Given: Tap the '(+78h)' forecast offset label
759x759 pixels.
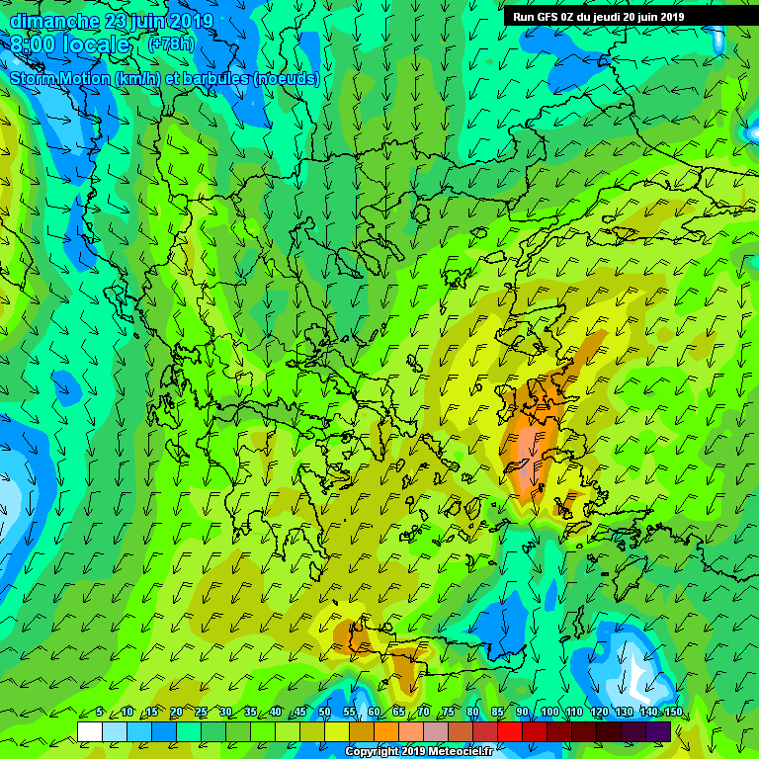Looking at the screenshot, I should tap(170, 44).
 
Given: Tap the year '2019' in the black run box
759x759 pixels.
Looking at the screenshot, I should tap(669, 17).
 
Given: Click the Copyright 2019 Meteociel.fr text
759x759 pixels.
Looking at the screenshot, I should tap(417, 751).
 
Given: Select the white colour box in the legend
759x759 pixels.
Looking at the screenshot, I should tap(89, 731).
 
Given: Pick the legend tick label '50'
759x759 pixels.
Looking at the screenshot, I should tap(324, 713).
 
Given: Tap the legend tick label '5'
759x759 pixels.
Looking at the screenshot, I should tap(101, 713).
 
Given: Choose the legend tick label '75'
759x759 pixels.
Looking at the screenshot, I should tap(448, 713).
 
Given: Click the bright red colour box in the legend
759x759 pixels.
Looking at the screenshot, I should tap(509, 731).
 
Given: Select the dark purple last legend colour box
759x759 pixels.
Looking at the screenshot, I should tap(658, 731).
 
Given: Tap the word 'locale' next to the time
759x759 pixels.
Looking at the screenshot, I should tap(96, 45).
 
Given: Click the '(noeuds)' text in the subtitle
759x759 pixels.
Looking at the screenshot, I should tap(286, 79).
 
